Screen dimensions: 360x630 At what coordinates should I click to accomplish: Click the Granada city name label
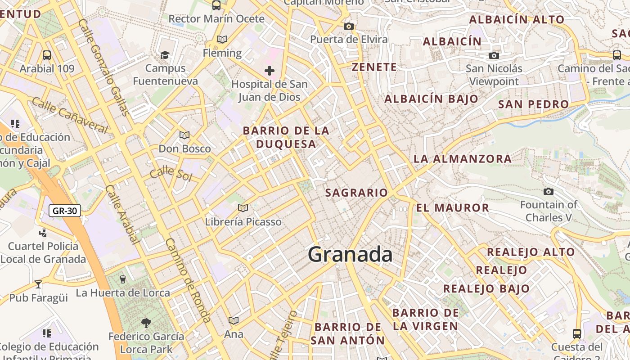click(350, 255)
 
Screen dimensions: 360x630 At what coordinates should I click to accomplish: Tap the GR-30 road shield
click(65, 211)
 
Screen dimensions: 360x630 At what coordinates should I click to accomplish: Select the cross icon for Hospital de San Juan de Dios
click(270, 71)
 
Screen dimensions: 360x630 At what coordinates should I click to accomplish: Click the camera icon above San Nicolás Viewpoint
click(494, 55)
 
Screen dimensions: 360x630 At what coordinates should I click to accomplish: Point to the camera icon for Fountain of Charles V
click(548, 192)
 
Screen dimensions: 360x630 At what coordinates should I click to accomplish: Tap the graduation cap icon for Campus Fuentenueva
click(165, 55)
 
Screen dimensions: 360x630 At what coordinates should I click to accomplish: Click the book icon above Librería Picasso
click(243, 208)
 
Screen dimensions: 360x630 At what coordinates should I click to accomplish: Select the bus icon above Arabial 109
click(47, 55)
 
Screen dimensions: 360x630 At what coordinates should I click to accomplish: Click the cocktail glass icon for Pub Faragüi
click(38, 284)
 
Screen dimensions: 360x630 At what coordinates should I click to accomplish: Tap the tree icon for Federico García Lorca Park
click(146, 322)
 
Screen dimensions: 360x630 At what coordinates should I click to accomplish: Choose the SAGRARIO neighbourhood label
click(356, 193)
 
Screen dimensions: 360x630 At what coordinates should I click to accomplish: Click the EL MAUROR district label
click(452, 207)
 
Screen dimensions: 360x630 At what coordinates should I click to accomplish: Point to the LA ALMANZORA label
click(462, 158)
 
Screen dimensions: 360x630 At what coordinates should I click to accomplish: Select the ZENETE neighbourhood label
click(374, 67)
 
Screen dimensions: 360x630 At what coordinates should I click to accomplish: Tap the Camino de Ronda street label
click(188, 279)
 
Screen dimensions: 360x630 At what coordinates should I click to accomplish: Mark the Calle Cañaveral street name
click(70, 115)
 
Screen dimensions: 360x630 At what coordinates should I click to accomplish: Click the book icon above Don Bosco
click(184, 135)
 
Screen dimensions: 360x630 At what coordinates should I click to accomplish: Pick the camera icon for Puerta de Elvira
click(348, 27)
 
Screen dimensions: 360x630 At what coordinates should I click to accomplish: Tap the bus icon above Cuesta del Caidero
click(577, 333)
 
